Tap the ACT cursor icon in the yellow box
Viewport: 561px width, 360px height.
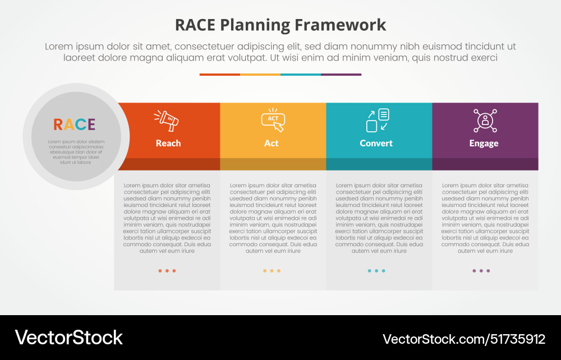pyautogui.click(x=273, y=119)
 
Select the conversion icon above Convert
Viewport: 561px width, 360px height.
pyautogui.click(x=378, y=120)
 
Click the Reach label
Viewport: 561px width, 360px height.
pyautogui.click(x=168, y=143)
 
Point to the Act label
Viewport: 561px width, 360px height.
pyautogui.click(x=271, y=143)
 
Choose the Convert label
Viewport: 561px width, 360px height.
pyautogui.click(x=376, y=143)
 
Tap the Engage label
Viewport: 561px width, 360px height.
pyautogui.click(x=484, y=143)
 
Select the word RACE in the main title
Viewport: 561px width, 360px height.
pyautogui.click(x=195, y=25)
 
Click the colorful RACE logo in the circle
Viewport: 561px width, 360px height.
pyautogui.click(x=74, y=124)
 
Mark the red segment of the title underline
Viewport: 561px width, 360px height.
pyautogui.click(x=219, y=74)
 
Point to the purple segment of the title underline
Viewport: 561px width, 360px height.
pyautogui.click(x=341, y=74)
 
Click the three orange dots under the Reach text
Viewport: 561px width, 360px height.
pyautogui.click(x=167, y=271)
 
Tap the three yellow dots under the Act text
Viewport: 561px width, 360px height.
pyautogui.click(x=272, y=271)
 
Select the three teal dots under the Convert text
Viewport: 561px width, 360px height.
pyautogui.click(x=376, y=271)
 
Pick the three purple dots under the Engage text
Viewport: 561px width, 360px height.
pyautogui.click(x=481, y=271)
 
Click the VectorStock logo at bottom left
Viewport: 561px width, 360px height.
pyautogui.click(x=68, y=338)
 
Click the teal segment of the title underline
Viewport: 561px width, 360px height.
pyautogui.click(x=300, y=74)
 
